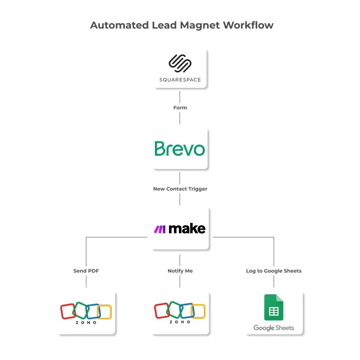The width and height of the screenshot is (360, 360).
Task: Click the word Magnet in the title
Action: (x=200, y=25)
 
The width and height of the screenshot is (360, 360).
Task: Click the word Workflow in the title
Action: (x=248, y=25)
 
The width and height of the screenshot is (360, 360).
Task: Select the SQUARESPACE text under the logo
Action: (x=180, y=80)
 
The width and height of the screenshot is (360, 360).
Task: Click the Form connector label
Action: (x=180, y=108)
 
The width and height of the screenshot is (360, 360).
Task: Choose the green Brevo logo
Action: (x=180, y=149)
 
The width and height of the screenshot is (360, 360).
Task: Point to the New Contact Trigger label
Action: (x=180, y=189)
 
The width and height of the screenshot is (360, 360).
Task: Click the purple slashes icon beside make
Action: (x=160, y=229)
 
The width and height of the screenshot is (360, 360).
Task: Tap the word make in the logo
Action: (x=187, y=229)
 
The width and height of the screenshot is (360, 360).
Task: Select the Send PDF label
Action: (x=86, y=271)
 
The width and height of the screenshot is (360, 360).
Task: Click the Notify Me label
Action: (x=180, y=271)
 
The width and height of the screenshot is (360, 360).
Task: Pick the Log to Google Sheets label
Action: (x=273, y=271)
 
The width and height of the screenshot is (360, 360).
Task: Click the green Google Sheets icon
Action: (x=273, y=307)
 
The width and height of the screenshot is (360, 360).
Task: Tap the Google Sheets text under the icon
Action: (x=273, y=328)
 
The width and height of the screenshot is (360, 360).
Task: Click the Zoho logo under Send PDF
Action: (x=86, y=313)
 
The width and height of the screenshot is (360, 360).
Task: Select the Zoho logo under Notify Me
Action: (x=180, y=313)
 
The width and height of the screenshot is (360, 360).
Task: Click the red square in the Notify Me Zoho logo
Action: (x=161, y=311)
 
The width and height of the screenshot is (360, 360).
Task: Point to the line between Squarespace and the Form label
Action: (x=180, y=96)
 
